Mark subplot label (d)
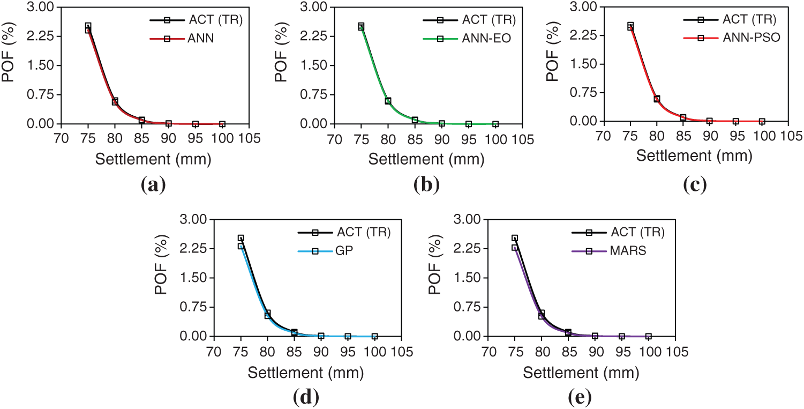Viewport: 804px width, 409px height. click(x=306, y=397)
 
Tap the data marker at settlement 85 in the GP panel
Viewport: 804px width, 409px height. click(x=294, y=333)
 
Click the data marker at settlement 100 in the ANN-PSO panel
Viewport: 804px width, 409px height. click(x=762, y=122)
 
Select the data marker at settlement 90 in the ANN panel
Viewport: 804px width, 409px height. click(x=169, y=123)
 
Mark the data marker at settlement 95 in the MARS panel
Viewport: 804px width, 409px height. click(x=622, y=336)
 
